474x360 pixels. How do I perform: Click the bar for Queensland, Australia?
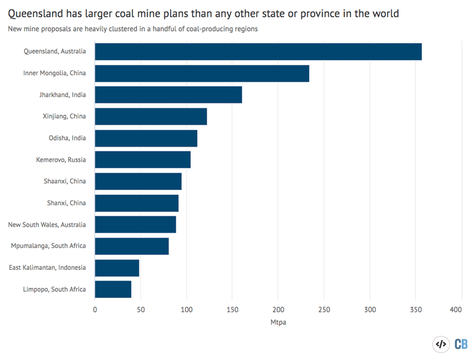click(x=258, y=52)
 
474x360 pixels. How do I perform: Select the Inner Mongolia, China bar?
click(x=202, y=74)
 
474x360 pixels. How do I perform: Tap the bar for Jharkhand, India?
click(x=168, y=95)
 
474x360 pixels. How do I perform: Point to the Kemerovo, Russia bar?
click(x=143, y=160)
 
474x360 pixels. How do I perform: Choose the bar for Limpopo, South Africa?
click(x=113, y=289)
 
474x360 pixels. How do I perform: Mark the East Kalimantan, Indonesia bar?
click(x=117, y=268)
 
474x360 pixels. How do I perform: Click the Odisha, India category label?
click(x=67, y=138)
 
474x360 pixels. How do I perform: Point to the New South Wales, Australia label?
click(x=47, y=224)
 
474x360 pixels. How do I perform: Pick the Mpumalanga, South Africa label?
click(x=49, y=246)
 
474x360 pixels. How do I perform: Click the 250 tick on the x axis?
click(x=324, y=310)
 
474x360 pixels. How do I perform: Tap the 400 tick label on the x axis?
click(x=456, y=310)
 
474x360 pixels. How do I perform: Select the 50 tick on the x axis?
click(x=141, y=310)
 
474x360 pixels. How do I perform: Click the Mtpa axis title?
click(x=278, y=322)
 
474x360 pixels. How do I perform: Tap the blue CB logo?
click(x=461, y=344)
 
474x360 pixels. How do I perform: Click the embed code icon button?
click(x=441, y=344)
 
